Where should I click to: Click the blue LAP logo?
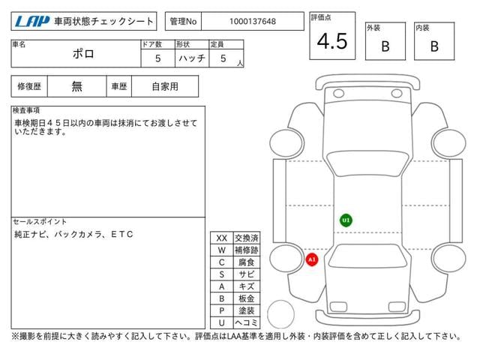32,22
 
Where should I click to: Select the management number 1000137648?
253,22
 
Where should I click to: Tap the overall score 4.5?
332,41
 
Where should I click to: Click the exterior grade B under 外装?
385,46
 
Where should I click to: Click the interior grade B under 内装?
434,46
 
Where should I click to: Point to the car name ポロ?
83,54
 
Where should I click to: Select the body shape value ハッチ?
192,58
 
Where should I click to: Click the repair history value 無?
76,86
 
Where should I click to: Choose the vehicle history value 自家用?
165,86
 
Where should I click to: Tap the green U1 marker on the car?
346,220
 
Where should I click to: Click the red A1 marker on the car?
312,259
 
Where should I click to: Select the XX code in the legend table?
222,238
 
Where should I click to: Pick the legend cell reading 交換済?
247,238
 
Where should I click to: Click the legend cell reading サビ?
247,274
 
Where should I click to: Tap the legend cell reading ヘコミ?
247,322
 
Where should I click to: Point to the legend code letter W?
222,250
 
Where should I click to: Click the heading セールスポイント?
40,221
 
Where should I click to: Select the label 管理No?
183,22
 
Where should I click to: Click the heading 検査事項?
26,110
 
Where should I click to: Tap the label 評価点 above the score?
321,17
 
